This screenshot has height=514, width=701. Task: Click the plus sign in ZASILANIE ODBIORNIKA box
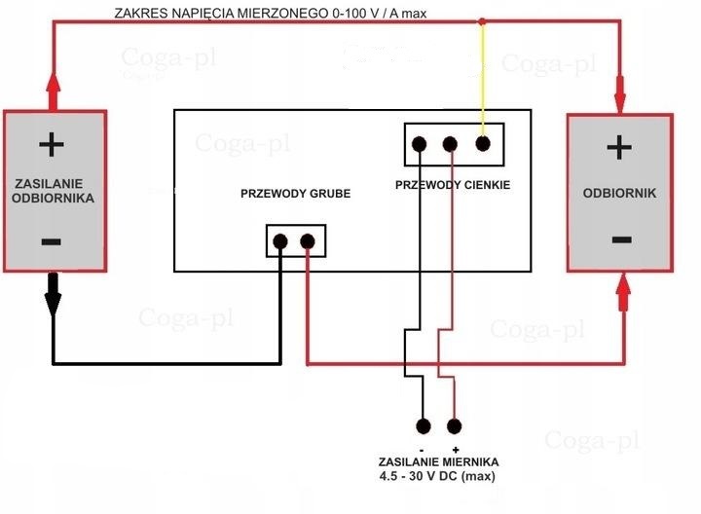coord(52,146)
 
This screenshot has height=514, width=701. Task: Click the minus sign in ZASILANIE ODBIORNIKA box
coord(52,240)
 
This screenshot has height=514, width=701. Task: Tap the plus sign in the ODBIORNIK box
coord(618,147)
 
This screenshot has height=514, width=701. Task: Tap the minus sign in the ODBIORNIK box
coord(618,239)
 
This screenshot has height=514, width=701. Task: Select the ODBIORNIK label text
coord(619,193)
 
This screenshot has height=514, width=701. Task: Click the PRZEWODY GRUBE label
coord(295,194)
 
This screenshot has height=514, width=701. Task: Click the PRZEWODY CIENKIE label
coord(453,185)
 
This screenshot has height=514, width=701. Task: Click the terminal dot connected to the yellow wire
coord(482,144)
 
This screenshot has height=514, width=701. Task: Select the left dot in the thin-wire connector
coord(420,145)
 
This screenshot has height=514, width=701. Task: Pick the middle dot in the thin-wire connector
coord(450,145)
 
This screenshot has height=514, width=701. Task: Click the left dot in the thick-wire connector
coord(280,240)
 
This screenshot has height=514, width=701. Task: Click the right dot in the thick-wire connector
coord(308,240)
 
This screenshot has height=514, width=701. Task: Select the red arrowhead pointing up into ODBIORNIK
coord(623,289)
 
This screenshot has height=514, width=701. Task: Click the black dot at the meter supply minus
coord(424,425)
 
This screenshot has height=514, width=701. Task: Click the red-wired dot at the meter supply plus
coord(454,425)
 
